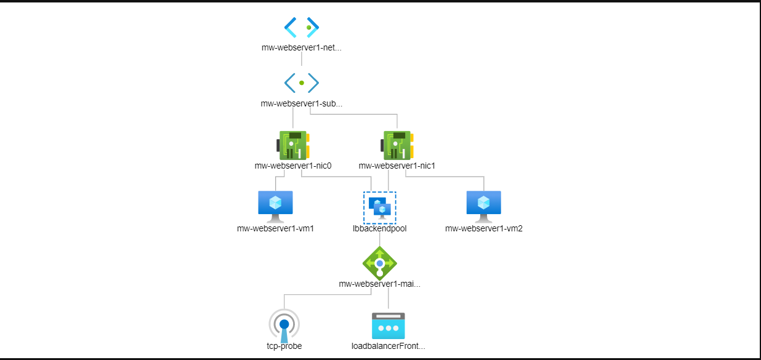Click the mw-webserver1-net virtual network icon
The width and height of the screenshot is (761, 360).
tap(302, 27)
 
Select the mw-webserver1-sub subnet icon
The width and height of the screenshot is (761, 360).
tap(302, 82)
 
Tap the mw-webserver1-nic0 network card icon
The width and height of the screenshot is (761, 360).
tap(292, 145)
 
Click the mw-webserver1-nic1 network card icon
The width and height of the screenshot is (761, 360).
tap(397, 145)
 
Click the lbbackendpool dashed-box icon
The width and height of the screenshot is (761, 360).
tap(379, 207)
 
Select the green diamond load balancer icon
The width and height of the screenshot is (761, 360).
tap(379, 262)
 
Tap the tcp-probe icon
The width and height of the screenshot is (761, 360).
tap(284, 325)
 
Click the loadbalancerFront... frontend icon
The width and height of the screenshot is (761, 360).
tap(388, 326)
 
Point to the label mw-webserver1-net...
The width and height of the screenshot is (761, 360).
tap(301, 47)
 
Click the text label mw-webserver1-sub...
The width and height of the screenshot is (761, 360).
tap(301, 103)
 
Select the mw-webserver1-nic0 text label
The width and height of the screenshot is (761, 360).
tap(292, 166)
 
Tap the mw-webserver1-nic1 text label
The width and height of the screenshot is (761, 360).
tap(397, 166)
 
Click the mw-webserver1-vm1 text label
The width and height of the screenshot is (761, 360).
tap(275, 228)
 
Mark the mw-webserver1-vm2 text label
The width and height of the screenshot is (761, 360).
tap(483, 228)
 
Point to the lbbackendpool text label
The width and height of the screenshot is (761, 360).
tap(379, 228)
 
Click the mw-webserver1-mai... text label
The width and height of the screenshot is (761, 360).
tap(379, 284)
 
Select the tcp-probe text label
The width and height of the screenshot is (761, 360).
tap(284, 346)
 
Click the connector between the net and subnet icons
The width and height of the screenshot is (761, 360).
tap(302, 60)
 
